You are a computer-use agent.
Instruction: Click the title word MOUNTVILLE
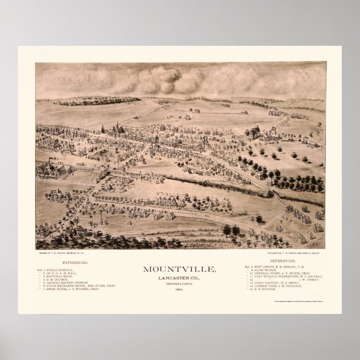[179, 269]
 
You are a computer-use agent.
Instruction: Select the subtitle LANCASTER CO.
[179, 277]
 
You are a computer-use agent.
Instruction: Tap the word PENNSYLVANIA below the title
[179, 283]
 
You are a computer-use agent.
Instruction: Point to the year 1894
[179, 288]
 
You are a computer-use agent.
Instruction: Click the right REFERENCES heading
[285, 262]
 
